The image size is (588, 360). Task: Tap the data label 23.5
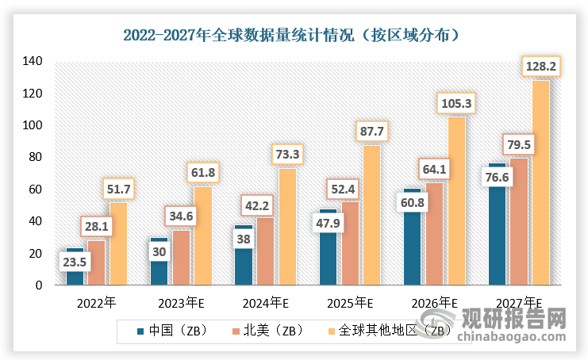(75, 261)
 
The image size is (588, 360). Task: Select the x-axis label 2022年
(96, 303)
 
